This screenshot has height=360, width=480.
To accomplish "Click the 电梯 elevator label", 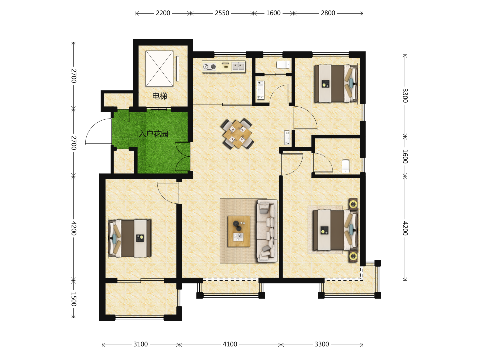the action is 160,96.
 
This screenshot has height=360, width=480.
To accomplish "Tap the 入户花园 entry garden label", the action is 154,134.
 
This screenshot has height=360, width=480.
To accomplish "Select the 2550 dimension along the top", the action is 222,13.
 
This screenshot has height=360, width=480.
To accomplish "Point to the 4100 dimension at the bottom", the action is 230,344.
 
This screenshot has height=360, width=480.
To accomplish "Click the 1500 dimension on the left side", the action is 74,299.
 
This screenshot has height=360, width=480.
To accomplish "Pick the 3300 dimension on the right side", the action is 405,96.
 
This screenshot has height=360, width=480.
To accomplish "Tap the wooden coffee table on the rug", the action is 239,231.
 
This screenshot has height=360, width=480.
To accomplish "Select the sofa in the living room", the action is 267,231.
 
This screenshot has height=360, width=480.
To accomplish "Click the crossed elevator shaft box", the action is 159,69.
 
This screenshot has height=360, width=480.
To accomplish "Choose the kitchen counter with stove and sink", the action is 224,67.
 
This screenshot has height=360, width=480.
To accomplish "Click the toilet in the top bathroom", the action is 283,65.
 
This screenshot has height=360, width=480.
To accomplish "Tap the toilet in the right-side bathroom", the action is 346,166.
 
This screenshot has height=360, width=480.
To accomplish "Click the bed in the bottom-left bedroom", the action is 130,238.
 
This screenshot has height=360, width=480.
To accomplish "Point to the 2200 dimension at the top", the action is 163,13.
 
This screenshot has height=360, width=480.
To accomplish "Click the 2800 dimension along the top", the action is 328,13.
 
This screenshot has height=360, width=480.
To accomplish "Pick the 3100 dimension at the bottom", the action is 141,344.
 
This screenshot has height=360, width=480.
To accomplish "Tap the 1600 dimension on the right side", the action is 405,157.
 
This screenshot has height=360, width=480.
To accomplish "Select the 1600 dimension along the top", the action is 273,13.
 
